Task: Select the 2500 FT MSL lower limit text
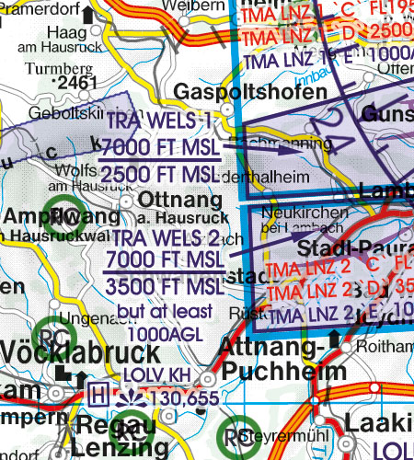[x=158, y=175]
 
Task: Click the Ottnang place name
[x=167, y=200]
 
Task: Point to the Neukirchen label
[x=304, y=213]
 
